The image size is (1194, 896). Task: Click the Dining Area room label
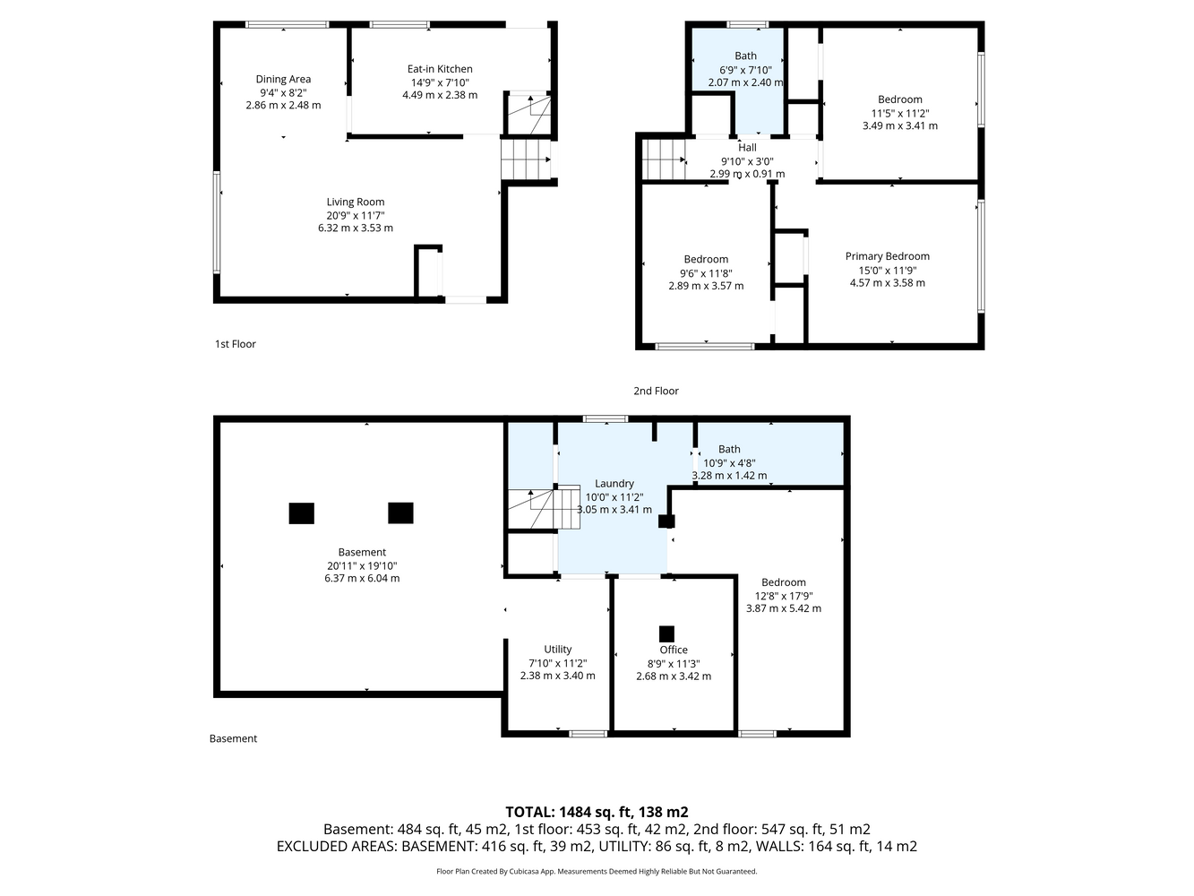283,80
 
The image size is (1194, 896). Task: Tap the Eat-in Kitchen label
440,69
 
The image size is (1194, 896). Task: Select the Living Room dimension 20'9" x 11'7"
356,215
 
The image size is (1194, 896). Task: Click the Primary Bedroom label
887,256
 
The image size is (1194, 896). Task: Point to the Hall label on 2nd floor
747,148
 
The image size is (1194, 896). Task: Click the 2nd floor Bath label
745,56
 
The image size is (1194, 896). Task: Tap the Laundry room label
614,484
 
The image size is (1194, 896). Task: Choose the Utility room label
557,649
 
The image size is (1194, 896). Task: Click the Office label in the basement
674,650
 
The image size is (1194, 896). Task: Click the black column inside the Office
666,633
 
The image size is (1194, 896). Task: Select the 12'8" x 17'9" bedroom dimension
783,596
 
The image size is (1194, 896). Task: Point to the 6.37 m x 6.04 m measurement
362,578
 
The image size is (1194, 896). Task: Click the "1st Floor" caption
235,344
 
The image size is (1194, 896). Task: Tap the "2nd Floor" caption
656,391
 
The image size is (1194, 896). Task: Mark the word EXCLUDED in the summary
308,847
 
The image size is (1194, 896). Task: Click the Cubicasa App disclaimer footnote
597,872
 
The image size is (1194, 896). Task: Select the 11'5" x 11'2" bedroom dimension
899,114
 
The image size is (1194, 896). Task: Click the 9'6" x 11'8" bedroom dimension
706,273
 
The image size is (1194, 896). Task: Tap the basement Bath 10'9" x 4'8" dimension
729,463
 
